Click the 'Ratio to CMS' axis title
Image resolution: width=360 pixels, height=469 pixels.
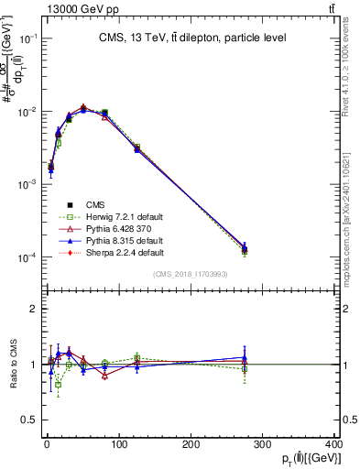pos(11,364)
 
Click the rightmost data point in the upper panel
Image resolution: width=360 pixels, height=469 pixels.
pos(245,249)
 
